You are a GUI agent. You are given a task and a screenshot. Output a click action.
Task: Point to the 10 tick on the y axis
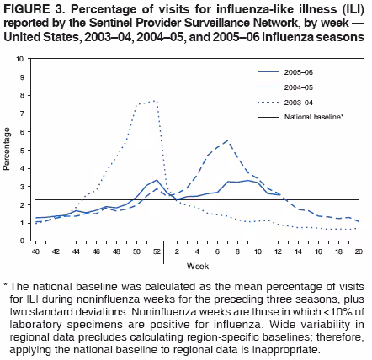pos(19,60)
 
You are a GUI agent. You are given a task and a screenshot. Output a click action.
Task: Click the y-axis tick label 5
pos(22,150)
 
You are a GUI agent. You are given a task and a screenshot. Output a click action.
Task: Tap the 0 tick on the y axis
pos(22,241)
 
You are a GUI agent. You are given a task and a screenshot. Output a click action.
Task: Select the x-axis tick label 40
pos(35,251)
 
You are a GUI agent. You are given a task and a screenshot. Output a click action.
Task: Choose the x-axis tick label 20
pos(359,251)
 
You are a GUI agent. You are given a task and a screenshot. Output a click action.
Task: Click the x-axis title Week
pos(197,266)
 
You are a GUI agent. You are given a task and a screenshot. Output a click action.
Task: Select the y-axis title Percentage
pos(8,150)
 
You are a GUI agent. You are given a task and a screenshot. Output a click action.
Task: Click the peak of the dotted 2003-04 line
pos(154,101)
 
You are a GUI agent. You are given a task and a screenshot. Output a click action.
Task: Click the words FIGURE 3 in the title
pos(29,8)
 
